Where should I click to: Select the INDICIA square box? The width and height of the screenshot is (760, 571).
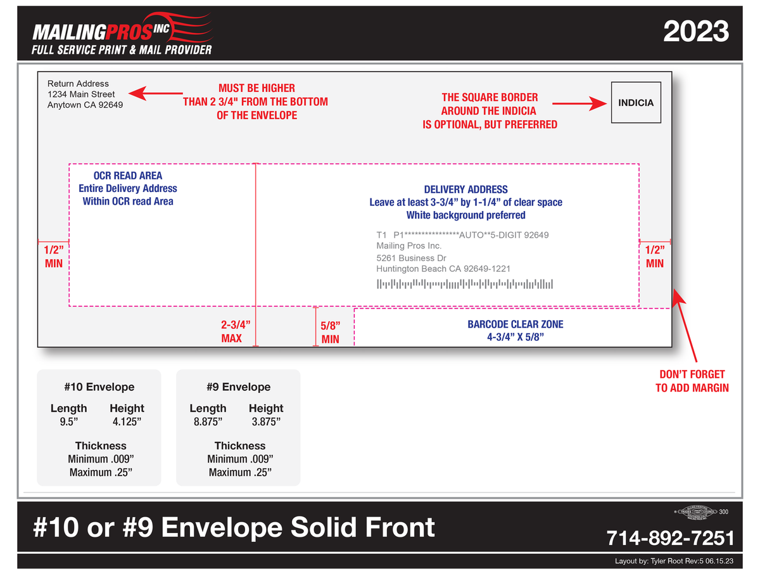[636, 103]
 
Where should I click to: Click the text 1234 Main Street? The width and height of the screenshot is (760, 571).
[81, 94]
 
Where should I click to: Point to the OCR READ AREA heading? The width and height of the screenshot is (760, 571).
[128, 176]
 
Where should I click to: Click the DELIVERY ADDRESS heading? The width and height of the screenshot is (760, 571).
[465, 189]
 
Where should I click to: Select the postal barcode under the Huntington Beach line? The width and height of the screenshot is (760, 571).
[465, 283]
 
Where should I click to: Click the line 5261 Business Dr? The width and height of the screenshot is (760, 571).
[411, 259]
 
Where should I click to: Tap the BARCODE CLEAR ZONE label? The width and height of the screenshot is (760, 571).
[515, 324]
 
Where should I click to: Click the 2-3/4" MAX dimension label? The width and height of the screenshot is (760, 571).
[231, 331]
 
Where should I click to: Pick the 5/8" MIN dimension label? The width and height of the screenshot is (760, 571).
[330, 332]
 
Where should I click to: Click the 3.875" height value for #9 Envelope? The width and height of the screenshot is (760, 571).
[266, 421]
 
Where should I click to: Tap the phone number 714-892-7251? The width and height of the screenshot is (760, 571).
[670, 538]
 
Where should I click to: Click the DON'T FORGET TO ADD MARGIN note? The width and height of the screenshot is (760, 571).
[692, 381]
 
